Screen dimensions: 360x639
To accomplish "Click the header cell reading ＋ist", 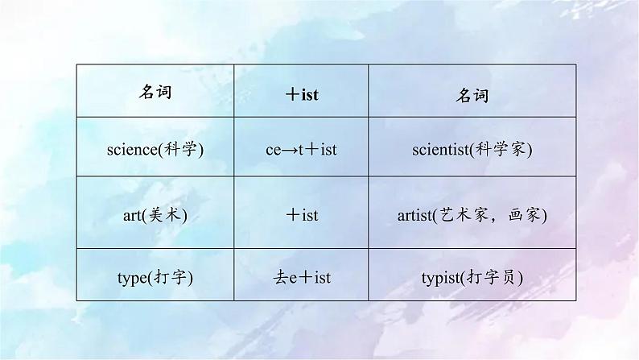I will pos(302,94).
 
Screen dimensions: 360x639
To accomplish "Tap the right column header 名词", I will pos(472,94).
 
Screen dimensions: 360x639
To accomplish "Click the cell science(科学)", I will pos(155,150).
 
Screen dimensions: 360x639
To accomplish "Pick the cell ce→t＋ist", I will pos(302,150).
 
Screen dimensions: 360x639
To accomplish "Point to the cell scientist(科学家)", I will pos(472,150).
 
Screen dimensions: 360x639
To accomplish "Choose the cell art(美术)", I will pos(155,215).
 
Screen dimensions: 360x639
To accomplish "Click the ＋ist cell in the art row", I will pos(302,215).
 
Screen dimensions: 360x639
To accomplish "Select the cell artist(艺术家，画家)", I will pos(472,215).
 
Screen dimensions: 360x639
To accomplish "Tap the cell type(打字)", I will pos(155,277).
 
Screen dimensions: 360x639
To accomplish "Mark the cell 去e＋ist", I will pos(302,277).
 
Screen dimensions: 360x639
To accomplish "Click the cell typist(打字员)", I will pos(472,277).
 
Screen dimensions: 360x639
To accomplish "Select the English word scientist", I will pos(439,150).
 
